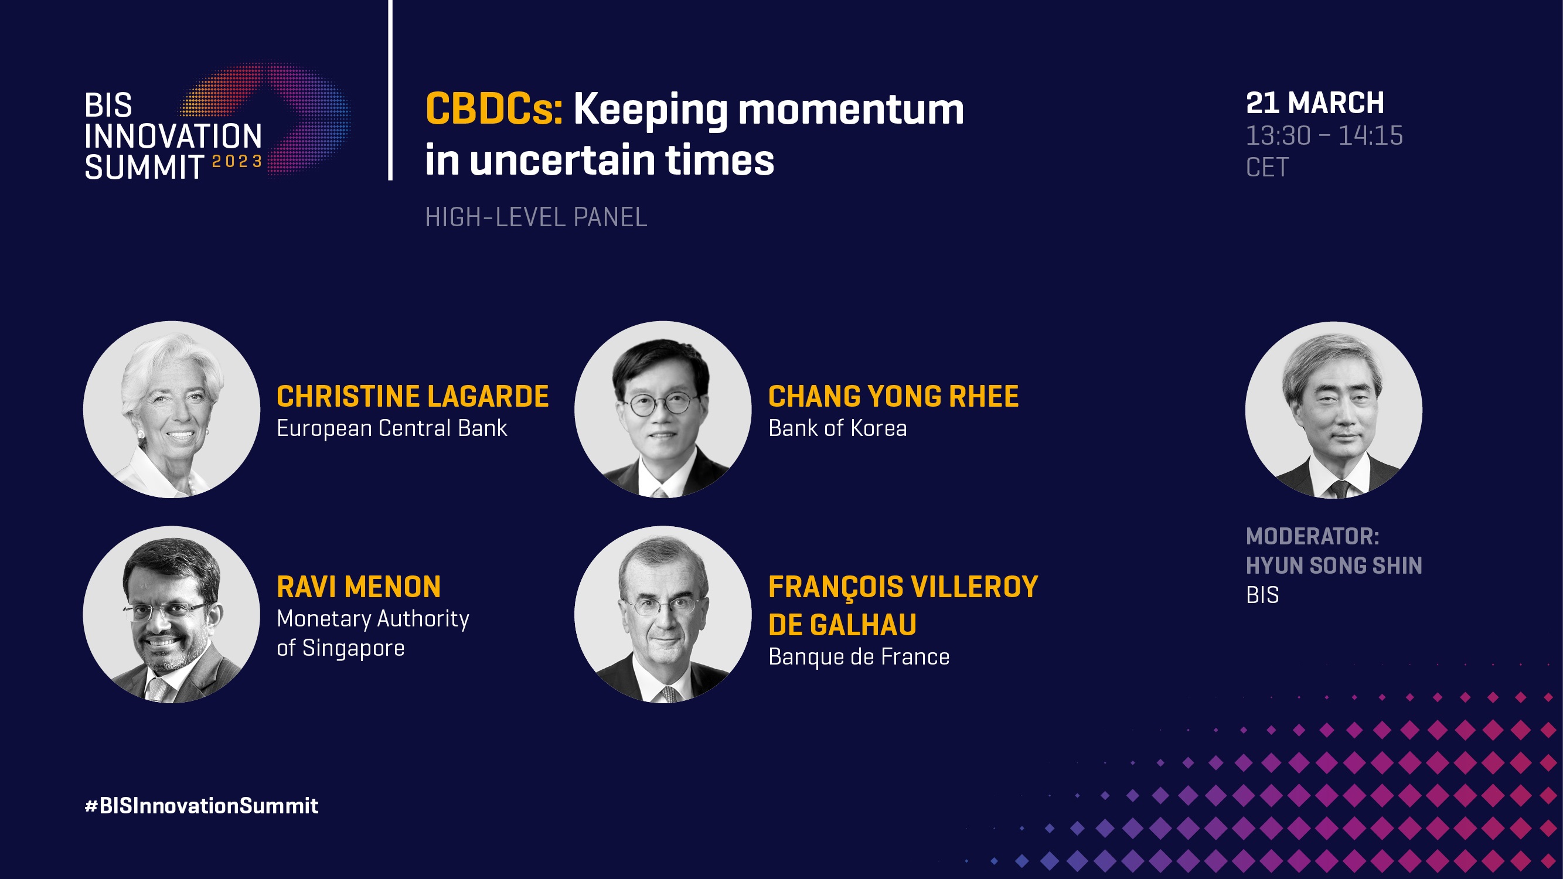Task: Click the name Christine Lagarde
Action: click(413, 397)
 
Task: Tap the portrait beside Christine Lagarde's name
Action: click(172, 410)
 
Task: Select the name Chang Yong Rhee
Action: click(893, 397)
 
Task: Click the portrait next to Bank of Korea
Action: click(663, 410)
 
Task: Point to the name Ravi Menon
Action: click(359, 587)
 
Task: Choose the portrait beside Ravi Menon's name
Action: click(172, 615)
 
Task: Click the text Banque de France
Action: click(859, 657)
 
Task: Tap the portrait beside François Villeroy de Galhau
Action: click(663, 615)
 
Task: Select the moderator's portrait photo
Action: click(1334, 410)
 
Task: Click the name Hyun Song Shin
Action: click(1334, 566)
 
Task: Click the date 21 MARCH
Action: click(1315, 103)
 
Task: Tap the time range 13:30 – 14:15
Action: click(1324, 136)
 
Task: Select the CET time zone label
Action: click(1267, 168)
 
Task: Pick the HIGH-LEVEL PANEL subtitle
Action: click(536, 217)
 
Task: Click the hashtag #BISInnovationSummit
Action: click(202, 806)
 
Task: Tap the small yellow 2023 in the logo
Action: click(237, 161)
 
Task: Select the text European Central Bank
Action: click(391, 429)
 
